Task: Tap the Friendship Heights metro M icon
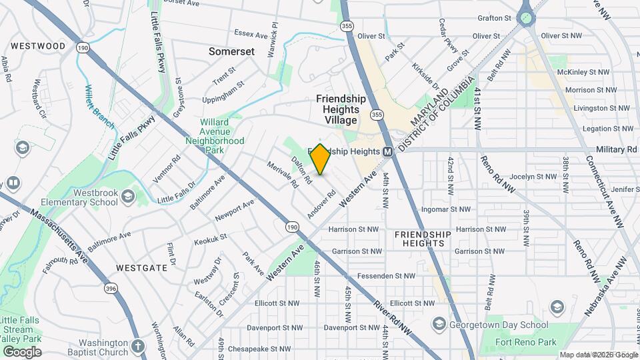387,152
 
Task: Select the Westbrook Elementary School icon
127,196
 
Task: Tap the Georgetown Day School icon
438,323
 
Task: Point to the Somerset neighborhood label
231,51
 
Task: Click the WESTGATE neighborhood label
141,267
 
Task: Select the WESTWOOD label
38,46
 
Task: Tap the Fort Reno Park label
527,343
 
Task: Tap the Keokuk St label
211,238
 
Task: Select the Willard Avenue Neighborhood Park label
223,137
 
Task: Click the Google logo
22,352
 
